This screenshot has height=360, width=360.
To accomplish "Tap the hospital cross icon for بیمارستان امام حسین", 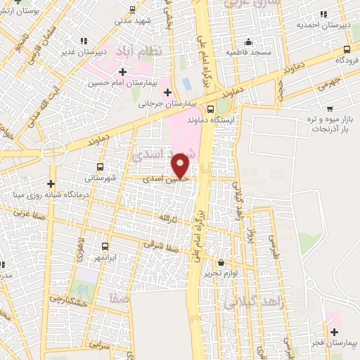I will click(123, 72).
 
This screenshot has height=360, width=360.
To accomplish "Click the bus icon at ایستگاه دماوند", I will click(211, 108).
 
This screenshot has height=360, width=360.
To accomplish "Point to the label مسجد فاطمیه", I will click(244, 53).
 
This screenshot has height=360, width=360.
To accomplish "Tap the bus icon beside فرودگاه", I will click(347, 49).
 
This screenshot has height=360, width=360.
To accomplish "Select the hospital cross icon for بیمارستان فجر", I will click(334, 331).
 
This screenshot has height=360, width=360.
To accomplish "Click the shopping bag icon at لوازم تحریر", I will click(220, 262).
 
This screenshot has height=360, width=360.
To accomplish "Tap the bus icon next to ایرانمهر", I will click(105, 246).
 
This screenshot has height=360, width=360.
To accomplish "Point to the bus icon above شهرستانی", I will click(101, 167).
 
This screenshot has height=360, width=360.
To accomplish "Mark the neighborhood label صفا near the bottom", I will click(118, 300).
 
